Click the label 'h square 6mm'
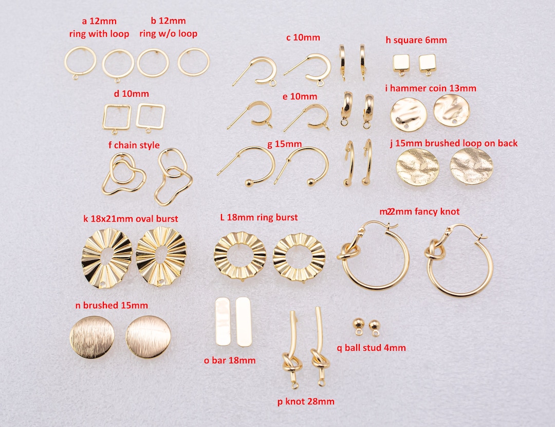click(416, 40)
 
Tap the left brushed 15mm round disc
click(91, 337)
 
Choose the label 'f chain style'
click(134, 145)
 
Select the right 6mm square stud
click(427, 63)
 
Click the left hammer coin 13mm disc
click(409, 115)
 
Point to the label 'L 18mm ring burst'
click(258, 218)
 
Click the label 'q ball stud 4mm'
click(371, 348)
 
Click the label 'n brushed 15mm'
click(112, 305)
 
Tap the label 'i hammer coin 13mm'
click(431, 88)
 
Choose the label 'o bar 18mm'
click(230, 360)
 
